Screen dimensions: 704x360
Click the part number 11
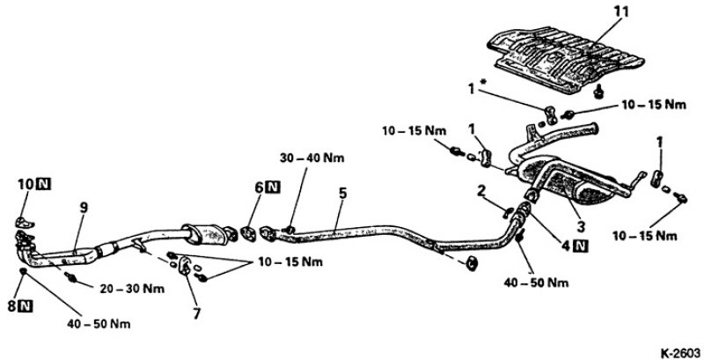pyautogui.click(x=622, y=11)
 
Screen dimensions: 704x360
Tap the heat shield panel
pyautogui.click(x=565, y=59)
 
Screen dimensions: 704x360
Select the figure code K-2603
pyautogui.click(x=679, y=352)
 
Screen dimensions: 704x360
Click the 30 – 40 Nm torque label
pyautogui.click(x=312, y=158)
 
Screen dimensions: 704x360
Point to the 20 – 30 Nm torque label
pyautogui.click(x=132, y=289)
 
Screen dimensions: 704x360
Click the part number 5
pyautogui.click(x=342, y=194)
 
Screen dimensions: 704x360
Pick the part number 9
pyautogui.click(x=84, y=208)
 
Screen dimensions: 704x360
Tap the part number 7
pyautogui.click(x=196, y=313)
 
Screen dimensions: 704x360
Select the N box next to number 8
pyautogui.click(x=26, y=306)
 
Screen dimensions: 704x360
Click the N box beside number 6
pyautogui.click(x=273, y=187)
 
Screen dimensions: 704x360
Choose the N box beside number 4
pyautogui.click(x=582, y=246)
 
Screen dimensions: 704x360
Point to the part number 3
pyautogui.click(x=581, y=226)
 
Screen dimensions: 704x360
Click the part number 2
pyautogui.click(x=481, y=192)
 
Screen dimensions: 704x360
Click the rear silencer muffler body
pyautogui.click(x=567, y=183)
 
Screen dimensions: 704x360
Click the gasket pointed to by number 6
pyautogui.click(x=248, y=234)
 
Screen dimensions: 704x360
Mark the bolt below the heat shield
pyautogui.click(x=598, y=92)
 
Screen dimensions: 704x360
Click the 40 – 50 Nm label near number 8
pyautogui.click(x=99, y=324)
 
